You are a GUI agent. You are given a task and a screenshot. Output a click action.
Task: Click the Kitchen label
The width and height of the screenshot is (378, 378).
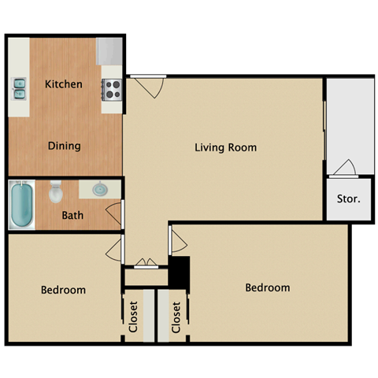point(64,84)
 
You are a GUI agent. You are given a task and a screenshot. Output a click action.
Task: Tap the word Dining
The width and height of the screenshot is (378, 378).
point(64,146)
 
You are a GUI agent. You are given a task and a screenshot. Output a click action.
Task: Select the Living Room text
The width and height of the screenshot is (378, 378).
point(226,147)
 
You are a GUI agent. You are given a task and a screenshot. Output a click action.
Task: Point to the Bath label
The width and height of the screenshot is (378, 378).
point(72,214)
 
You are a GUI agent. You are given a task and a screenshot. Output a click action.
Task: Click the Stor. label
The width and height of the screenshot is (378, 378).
point(348,199)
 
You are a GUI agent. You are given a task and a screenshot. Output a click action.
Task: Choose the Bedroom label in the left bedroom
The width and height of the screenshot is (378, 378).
point(63,290)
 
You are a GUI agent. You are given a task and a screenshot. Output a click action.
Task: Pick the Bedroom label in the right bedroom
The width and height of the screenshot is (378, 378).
point(267,287)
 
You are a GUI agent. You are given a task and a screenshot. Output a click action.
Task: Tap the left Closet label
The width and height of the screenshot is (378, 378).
point(133,317)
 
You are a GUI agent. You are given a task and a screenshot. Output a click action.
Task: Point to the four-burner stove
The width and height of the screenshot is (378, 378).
point(111,88)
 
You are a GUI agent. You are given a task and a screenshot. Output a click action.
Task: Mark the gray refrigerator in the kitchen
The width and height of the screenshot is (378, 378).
point(107,52)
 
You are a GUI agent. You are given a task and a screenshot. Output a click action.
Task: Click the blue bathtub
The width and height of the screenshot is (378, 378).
point(22,204)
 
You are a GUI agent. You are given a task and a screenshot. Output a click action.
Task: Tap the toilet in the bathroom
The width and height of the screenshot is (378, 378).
point(55,191)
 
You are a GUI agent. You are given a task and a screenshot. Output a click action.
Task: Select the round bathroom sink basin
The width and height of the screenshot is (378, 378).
point(100,190)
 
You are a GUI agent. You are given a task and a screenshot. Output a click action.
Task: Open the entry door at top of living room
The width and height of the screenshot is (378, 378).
point(148,85)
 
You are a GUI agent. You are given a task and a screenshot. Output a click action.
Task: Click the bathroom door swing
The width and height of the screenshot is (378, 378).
point(115,213)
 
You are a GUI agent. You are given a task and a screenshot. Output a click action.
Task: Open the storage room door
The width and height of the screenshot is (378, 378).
point(344,168)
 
